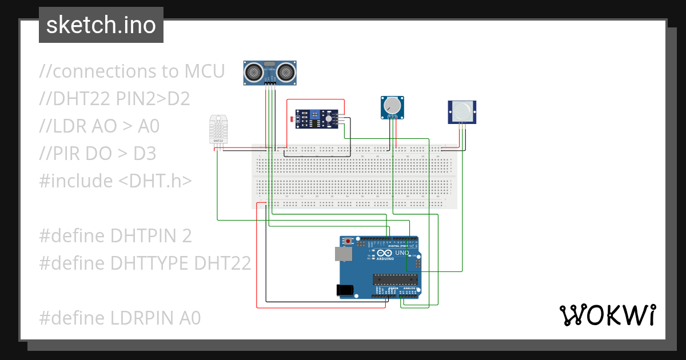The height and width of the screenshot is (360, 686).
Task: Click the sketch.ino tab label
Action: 101,25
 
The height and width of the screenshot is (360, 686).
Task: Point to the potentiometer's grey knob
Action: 392,106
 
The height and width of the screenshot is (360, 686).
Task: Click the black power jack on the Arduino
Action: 345,290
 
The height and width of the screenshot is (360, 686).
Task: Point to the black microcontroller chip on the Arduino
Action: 394,279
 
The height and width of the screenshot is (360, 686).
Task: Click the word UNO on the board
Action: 402,253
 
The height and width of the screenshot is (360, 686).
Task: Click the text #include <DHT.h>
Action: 115,181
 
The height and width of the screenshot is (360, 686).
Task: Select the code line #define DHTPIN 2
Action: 115,235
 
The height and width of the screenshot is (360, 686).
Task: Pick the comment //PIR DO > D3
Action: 98,154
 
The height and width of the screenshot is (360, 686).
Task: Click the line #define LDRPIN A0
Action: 120,318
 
